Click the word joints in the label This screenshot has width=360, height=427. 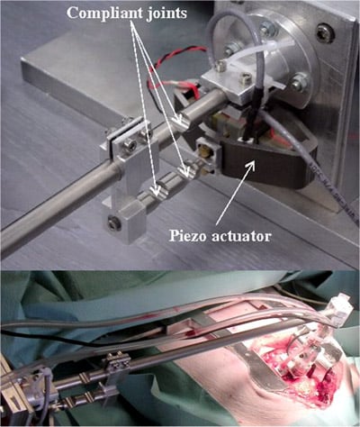(167, 13)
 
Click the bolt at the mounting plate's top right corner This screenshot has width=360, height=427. (323, 31)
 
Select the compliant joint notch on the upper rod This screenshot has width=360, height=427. (181, 123)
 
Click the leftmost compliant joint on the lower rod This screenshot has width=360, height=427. (158, 190)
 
